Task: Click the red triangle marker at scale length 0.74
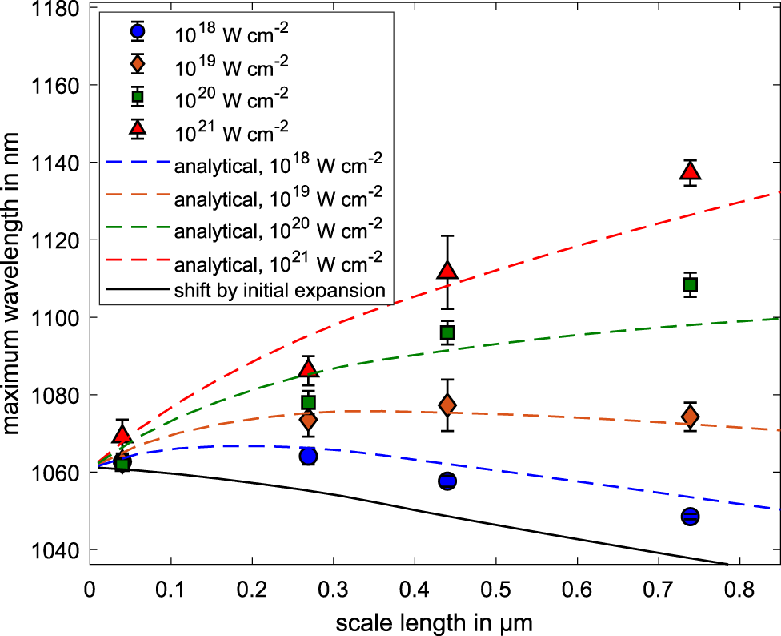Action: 691,171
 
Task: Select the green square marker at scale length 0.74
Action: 691,284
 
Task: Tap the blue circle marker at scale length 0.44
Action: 447,481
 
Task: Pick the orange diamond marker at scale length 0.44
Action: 447,405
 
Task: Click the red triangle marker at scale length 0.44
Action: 447,270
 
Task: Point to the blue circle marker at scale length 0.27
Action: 308,456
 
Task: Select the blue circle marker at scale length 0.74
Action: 691,517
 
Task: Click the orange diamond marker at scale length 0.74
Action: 691,417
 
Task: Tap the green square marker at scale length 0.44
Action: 447,332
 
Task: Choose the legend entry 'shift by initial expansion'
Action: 279,290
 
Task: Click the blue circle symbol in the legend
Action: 138,33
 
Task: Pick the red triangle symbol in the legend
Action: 138,127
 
